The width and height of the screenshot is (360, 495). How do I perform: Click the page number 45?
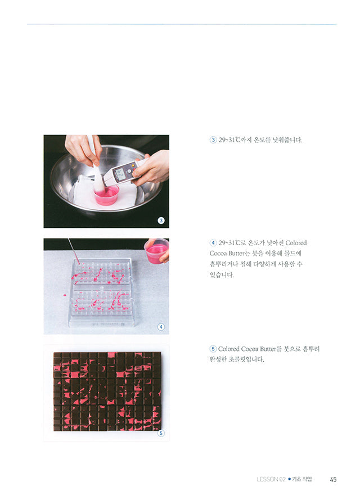pyautogui.click(x=333, y=479)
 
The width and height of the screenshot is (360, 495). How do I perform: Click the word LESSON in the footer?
pyautogui.click(x=267, y=479)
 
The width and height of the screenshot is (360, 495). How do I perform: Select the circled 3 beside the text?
pyautogui.click(x=213, y=140)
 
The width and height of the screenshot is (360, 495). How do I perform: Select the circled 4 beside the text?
pyautogui.click(x=213, y=243)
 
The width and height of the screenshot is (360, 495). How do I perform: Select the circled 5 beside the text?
pyautogui.click(x=213, y=349)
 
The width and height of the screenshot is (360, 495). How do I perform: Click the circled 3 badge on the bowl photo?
pyautogui.click(x=160, y=220)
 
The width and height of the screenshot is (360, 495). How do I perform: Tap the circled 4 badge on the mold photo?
pyautogui.click(x=160, y=326)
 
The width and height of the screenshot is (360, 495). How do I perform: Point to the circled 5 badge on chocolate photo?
pyautogui.click(x=160, y=433)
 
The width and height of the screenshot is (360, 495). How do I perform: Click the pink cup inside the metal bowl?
pyautogui.click(x=106, y=195)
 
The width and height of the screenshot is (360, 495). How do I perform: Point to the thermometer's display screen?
pyautogui.click(x=119, y=173)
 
